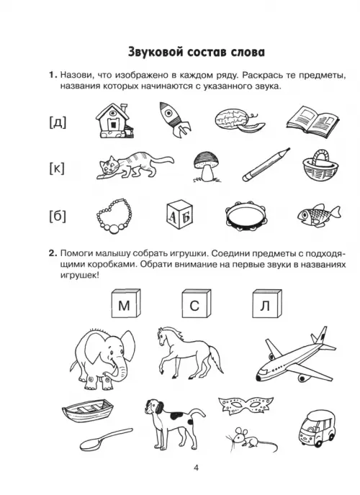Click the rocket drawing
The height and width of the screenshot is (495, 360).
[x=173, y=119]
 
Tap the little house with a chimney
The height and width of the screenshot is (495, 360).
[x=114, y=121]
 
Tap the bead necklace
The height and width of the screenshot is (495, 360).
[x=113, y=217]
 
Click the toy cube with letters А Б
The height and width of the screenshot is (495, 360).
[x=179, y=216]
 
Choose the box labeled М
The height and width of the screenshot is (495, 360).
[x=125, y=304]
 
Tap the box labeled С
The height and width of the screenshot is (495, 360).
[x=196, y=304]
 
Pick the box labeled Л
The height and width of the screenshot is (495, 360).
[x=267, y=304]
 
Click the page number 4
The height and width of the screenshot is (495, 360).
[x=196, y=468]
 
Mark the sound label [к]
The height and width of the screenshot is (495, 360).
[x=57, y=169]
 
